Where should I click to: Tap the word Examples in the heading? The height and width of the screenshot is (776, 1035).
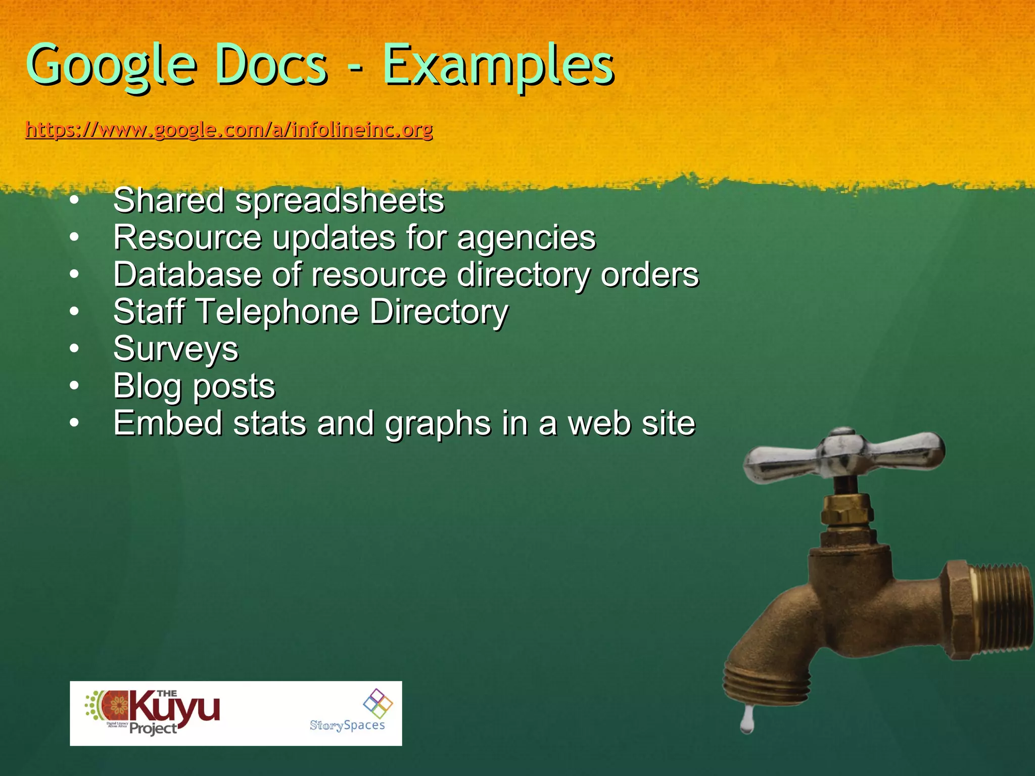[x=498, y=66]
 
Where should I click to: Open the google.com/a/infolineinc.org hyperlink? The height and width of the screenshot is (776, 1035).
[x=229, y=130]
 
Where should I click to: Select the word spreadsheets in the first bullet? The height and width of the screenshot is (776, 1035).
[x=340, y=201]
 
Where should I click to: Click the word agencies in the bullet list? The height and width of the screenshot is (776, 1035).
[x=526, y=238]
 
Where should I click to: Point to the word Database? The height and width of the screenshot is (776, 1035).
[x=187, y=275]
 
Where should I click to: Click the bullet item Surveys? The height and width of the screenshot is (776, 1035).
[x=176, y=349]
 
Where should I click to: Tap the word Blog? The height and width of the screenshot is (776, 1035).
[x=147, y=386]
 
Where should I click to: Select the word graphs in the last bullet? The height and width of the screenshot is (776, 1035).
[x=438, y=423]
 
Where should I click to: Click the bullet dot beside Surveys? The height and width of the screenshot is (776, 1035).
[x=74, y=349]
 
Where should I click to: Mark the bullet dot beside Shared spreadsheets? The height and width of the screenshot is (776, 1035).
[x=74, y=201]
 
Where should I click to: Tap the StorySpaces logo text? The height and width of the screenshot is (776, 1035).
[x=347, y=725]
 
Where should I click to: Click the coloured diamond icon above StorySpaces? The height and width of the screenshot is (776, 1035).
[x=378, y=703]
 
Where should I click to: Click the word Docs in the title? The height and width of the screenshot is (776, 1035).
[x=272, y=66]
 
